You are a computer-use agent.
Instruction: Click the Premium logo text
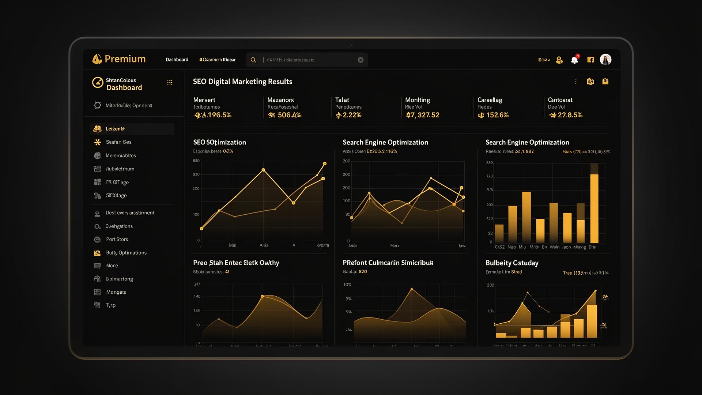125,59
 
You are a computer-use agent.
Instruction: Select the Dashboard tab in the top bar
177,60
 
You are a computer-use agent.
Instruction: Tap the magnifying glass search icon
253,60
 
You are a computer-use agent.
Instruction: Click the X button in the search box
361,60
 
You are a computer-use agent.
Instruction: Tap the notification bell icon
574,60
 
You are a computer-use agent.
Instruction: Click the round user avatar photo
605,60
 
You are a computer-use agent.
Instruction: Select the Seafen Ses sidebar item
118,142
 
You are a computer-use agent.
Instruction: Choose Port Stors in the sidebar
117,239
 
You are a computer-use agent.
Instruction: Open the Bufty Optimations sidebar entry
126,253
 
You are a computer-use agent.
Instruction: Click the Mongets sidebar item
116,292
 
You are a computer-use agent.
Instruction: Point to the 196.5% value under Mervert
217,115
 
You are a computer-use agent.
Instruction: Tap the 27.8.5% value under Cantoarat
570,115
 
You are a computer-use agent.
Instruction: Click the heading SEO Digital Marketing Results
242,82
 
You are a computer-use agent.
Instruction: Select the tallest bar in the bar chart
594,208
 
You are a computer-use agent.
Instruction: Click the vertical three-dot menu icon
576,82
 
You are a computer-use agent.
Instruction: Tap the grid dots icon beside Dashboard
170,83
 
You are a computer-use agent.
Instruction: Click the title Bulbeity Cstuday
512,263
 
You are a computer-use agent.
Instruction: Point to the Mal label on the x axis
233,245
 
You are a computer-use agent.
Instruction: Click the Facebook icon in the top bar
590,60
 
